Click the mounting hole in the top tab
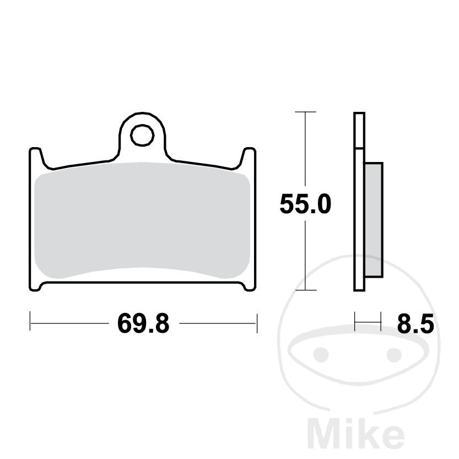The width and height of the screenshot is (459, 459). coord(142,135)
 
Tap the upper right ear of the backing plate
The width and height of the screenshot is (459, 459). coord(249,157)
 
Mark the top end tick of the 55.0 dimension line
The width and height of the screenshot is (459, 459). coord(306,112)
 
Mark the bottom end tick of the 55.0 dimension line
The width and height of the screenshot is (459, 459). coord(306,290)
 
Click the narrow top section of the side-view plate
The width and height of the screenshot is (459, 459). coord(359,130)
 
